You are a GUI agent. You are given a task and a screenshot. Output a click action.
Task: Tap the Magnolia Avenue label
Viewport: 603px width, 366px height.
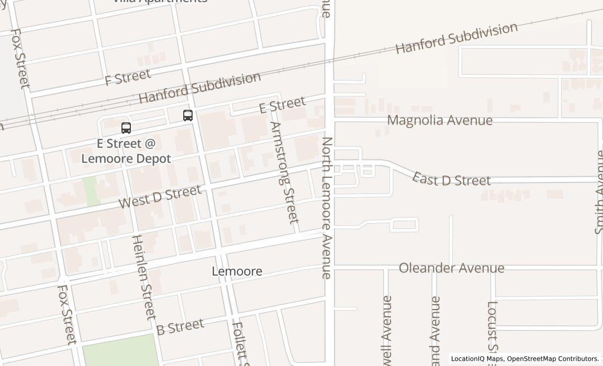pos(440,120)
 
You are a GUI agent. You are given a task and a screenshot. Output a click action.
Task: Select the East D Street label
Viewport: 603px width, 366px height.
pos(451,179)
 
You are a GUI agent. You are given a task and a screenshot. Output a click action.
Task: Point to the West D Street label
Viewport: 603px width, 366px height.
pos(160,197)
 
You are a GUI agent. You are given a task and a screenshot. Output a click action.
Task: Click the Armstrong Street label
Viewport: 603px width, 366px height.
pos(285,172)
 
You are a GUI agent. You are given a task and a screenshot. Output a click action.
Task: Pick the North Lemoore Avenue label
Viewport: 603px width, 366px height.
pos(327,208)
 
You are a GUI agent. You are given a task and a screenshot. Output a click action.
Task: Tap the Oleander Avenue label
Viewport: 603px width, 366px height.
pos(451,268)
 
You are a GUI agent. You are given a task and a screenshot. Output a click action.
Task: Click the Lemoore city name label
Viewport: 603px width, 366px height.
pos(237,271)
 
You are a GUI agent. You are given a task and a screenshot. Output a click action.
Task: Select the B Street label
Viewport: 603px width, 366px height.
pos(180,327)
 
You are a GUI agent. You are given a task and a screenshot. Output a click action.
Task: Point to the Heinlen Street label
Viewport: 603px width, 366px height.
pos(143,277)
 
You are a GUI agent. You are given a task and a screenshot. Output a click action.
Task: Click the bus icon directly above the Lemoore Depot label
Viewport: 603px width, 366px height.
pos(126,128)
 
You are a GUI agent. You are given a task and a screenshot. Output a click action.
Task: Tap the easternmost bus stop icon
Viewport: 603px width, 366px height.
pos(188,116)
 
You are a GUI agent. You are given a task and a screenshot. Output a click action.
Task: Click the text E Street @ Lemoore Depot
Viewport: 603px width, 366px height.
pos(126,151)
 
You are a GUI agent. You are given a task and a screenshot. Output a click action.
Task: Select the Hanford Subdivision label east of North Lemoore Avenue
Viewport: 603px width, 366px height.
pos(456,38)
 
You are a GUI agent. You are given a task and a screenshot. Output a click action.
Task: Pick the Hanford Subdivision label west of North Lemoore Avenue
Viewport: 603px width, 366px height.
pos(199,87)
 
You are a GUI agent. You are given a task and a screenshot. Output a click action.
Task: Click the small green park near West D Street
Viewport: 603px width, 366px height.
pos(90,191)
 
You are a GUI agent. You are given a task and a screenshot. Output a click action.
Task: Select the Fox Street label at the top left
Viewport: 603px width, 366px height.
pos(20,58)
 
